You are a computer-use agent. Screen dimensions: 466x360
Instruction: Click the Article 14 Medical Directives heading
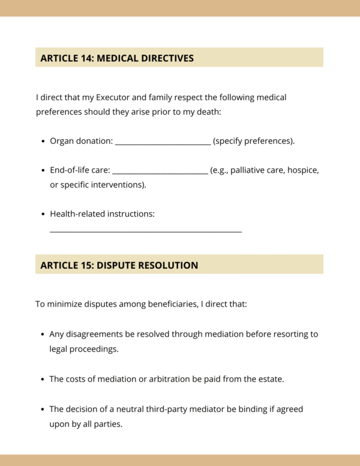tap(117, 58)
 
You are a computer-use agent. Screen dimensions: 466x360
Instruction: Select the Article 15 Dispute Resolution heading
tap(119, 265)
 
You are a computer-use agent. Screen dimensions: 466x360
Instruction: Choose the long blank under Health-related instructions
tap(146, 230)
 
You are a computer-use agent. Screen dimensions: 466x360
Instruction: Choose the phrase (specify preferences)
tap(254, 142)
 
